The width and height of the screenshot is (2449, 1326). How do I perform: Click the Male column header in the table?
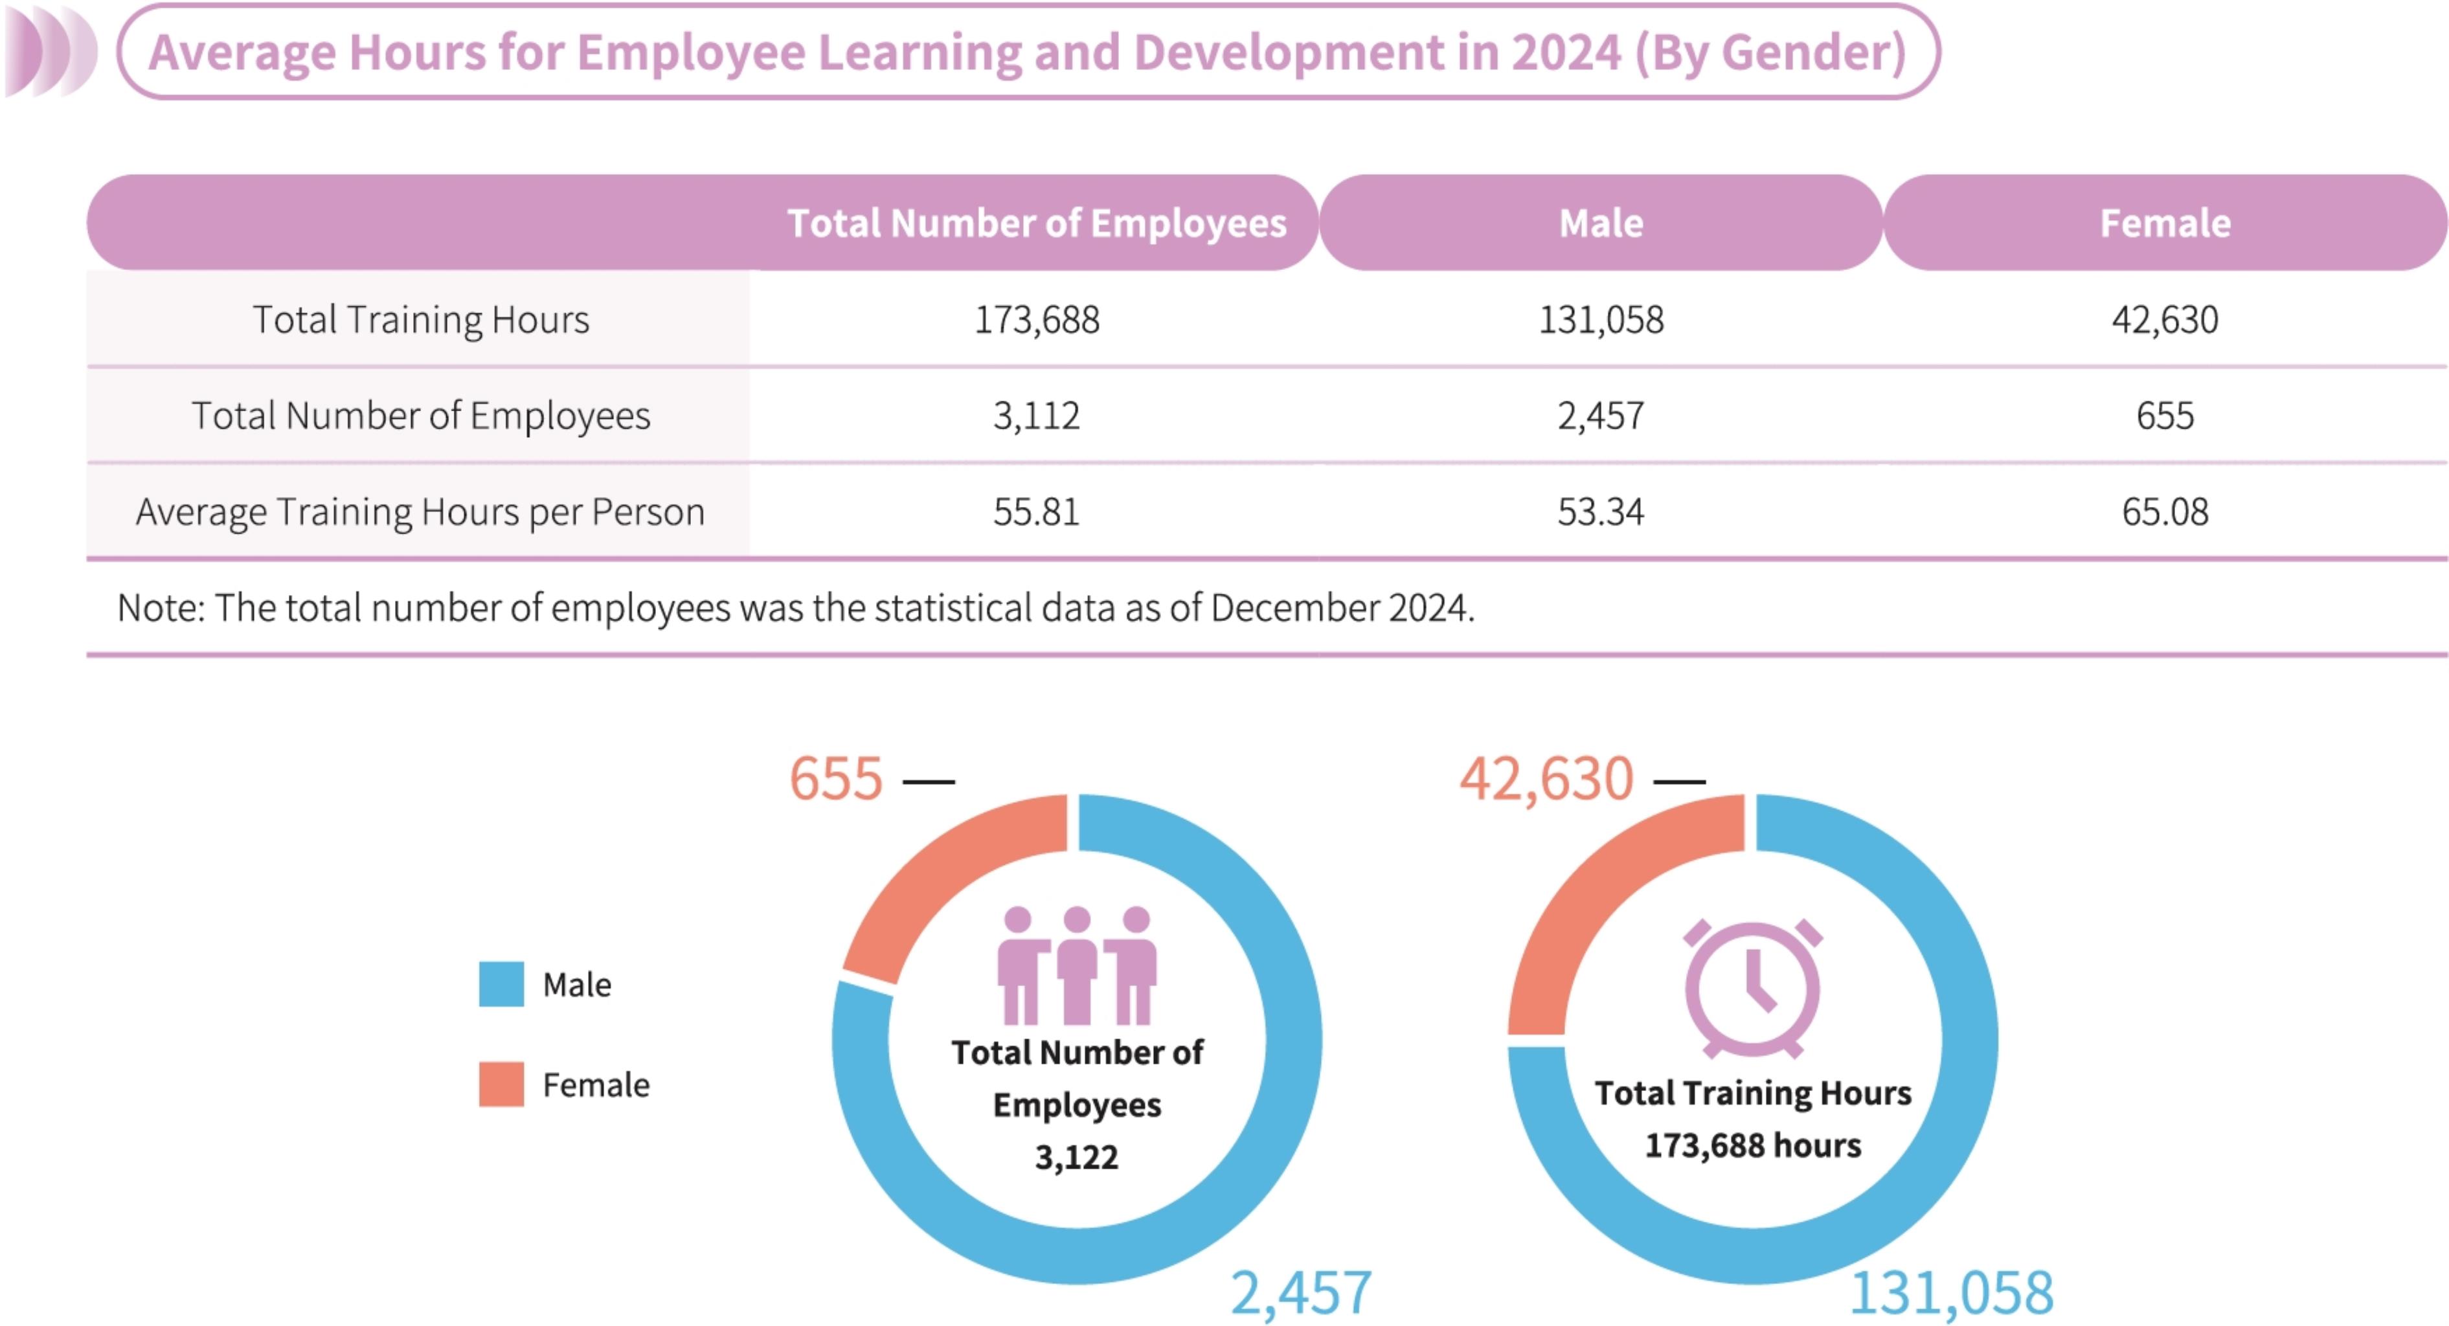coord(1601,223)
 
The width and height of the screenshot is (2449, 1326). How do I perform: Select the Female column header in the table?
coord(2165,223)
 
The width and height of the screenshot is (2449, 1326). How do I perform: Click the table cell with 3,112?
coord(1036,416)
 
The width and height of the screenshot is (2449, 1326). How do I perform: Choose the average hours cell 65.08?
coord(2165,512)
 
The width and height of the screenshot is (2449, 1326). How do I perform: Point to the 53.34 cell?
coord(1601,512)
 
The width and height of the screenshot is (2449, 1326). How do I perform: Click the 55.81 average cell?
coord(1036,512)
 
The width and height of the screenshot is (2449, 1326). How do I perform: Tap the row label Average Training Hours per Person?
coord(420,512)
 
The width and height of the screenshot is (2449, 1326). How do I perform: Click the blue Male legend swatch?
coord(501,983)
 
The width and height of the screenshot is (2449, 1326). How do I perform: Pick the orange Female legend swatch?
coord(501,1084)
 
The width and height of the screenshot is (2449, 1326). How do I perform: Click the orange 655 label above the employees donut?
coord(836,778)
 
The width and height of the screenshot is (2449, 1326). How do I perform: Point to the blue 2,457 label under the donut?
coord(1300,1293)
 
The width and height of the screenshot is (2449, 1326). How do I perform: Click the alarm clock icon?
coord(1752,989)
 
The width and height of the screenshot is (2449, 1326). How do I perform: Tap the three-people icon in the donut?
coord(1076,965)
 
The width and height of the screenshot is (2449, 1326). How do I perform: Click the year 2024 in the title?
coord(1566,52)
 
